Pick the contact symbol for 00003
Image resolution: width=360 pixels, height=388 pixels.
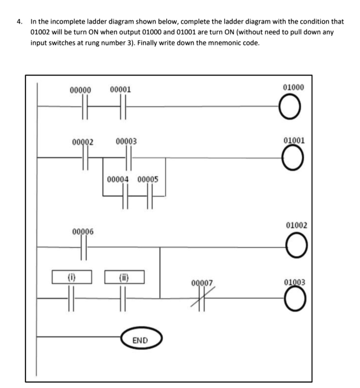point(129,158)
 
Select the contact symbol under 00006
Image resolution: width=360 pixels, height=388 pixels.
point(83,248)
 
